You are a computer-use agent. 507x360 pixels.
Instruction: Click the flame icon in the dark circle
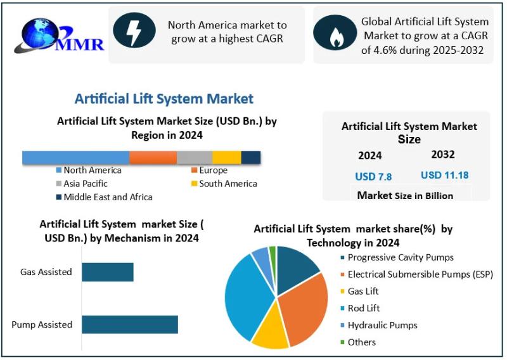point(334,36)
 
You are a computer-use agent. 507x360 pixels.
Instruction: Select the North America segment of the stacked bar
point(75,158)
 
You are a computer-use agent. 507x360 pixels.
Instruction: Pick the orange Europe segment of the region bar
point(153,158)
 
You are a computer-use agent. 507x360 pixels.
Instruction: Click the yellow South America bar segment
point(226,158)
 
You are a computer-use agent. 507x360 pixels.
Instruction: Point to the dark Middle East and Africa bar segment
point(250,158)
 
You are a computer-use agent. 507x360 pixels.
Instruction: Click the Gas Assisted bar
point(108,272)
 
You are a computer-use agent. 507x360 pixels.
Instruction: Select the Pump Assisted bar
point(129,325)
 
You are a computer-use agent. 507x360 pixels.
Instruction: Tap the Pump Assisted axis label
point(42,325)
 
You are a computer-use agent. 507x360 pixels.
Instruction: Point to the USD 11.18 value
point(444,175)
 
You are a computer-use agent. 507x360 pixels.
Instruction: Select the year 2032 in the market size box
point(443,155)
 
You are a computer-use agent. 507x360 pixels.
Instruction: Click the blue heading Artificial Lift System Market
point(164,99)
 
